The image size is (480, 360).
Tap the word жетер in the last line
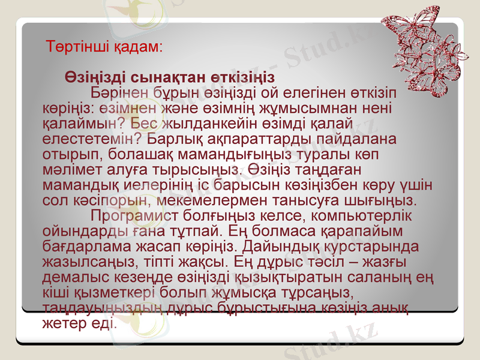[61, 322]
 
